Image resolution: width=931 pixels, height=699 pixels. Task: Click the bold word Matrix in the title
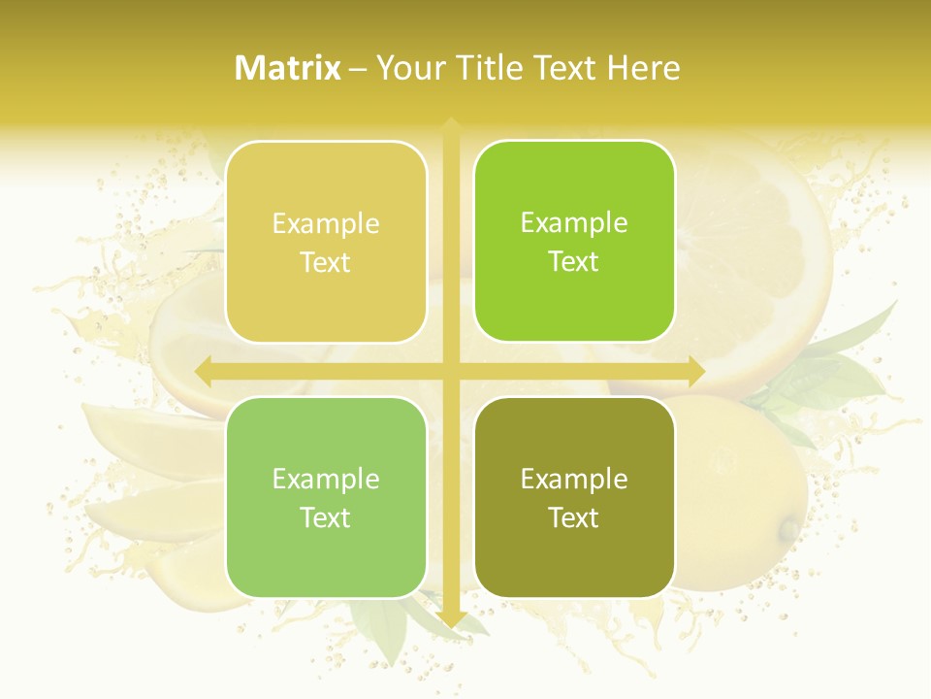[288, 68]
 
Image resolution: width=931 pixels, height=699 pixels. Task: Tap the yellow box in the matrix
[326, 243]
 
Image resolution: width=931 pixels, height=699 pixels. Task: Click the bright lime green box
[574, 242]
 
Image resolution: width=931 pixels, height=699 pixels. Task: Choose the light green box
[326, 498]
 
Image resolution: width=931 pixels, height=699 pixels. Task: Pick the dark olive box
[574, 498]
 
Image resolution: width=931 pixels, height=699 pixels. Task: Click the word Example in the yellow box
[326, 224]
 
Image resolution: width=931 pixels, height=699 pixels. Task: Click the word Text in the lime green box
[574, 262]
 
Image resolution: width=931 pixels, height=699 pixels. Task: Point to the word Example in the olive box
[574, 479]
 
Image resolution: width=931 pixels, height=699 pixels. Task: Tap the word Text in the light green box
[326, 518]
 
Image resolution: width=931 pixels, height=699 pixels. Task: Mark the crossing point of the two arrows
[450, 371]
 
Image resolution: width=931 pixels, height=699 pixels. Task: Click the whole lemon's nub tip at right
[790, 530]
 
